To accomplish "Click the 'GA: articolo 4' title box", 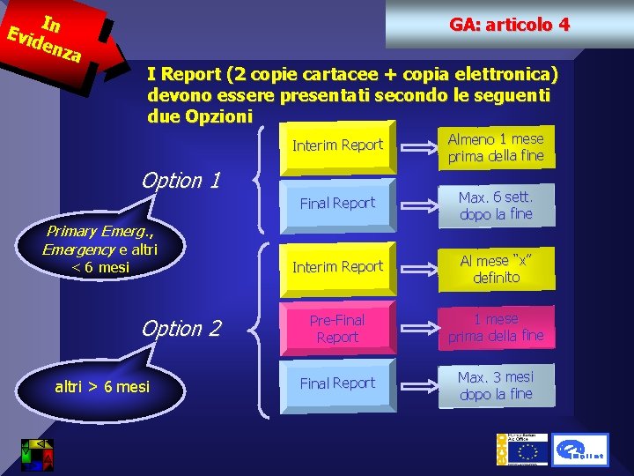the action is tap(509, 26).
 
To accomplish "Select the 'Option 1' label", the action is tap(181, 181).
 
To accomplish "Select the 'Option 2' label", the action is tap(181, 329).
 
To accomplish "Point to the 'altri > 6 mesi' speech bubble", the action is tap(102, 386).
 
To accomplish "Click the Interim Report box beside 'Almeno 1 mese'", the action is tap(337, 145).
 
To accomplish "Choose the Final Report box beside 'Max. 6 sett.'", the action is tap(337, 204).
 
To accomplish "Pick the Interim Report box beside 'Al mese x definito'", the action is tap(337, 267).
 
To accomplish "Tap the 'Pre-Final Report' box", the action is tap(337, 328).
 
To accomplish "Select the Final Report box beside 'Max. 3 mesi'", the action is tap(337, 383).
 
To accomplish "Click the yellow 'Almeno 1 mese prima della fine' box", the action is tap(496, 147).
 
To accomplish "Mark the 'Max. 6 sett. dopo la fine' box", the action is tap(496, 205).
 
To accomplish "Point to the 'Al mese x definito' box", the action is tap(496, 268).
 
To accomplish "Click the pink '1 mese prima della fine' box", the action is tap(496, 327).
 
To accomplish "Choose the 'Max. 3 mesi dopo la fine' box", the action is tap(496, 385).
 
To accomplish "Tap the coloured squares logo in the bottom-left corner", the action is tap(37, 453).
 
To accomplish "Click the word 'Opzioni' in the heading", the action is tap(200, 116).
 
